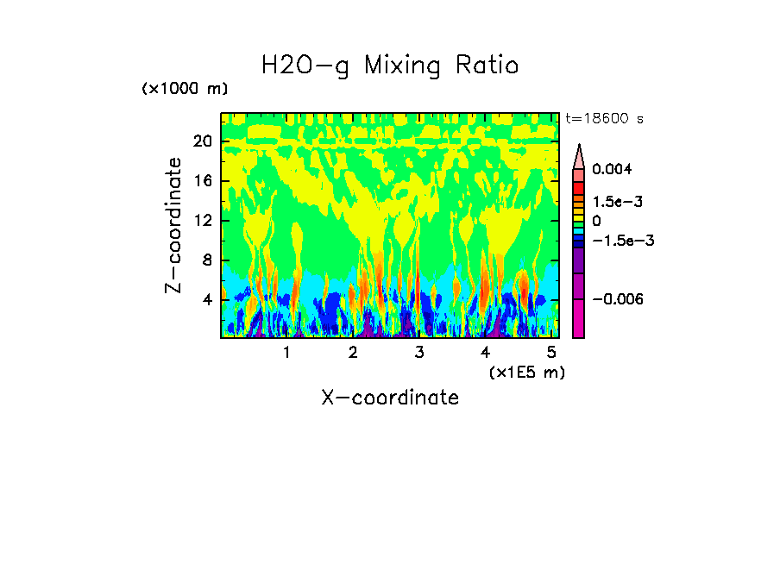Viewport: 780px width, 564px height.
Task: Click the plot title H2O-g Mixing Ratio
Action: click(x=390, y=66)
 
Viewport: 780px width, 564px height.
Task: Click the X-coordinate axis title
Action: click(x=390, y=398)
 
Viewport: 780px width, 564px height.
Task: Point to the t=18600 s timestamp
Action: click(x=604, y=118)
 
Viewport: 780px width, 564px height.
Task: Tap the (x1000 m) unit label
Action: click(x=185, y=90)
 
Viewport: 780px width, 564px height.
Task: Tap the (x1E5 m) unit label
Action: click(x=526, y=372)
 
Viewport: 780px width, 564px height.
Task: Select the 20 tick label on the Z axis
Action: click(x=202, y=142)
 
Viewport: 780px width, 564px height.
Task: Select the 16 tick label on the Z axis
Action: click(x=202, y=181)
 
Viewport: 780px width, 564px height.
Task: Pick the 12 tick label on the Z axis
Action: click(x=202, y=221)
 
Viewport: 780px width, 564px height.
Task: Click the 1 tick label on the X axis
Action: click(x=286, y=352)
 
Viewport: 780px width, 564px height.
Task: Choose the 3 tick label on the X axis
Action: click(x=418, y=352)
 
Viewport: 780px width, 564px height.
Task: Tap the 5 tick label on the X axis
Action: click(x=551, y=352)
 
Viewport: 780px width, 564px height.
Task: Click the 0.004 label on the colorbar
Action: click(x=612, y=170)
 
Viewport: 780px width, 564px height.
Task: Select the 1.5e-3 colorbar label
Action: click(x=612, y=201)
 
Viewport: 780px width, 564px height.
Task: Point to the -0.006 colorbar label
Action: click(x=616, y=298)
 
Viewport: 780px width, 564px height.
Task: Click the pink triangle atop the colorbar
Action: click(x=579, y=156)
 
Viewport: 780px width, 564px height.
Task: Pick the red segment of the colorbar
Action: click(x=579, y=188)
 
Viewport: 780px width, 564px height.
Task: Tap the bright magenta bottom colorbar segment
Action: click(x=579, y=319)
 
